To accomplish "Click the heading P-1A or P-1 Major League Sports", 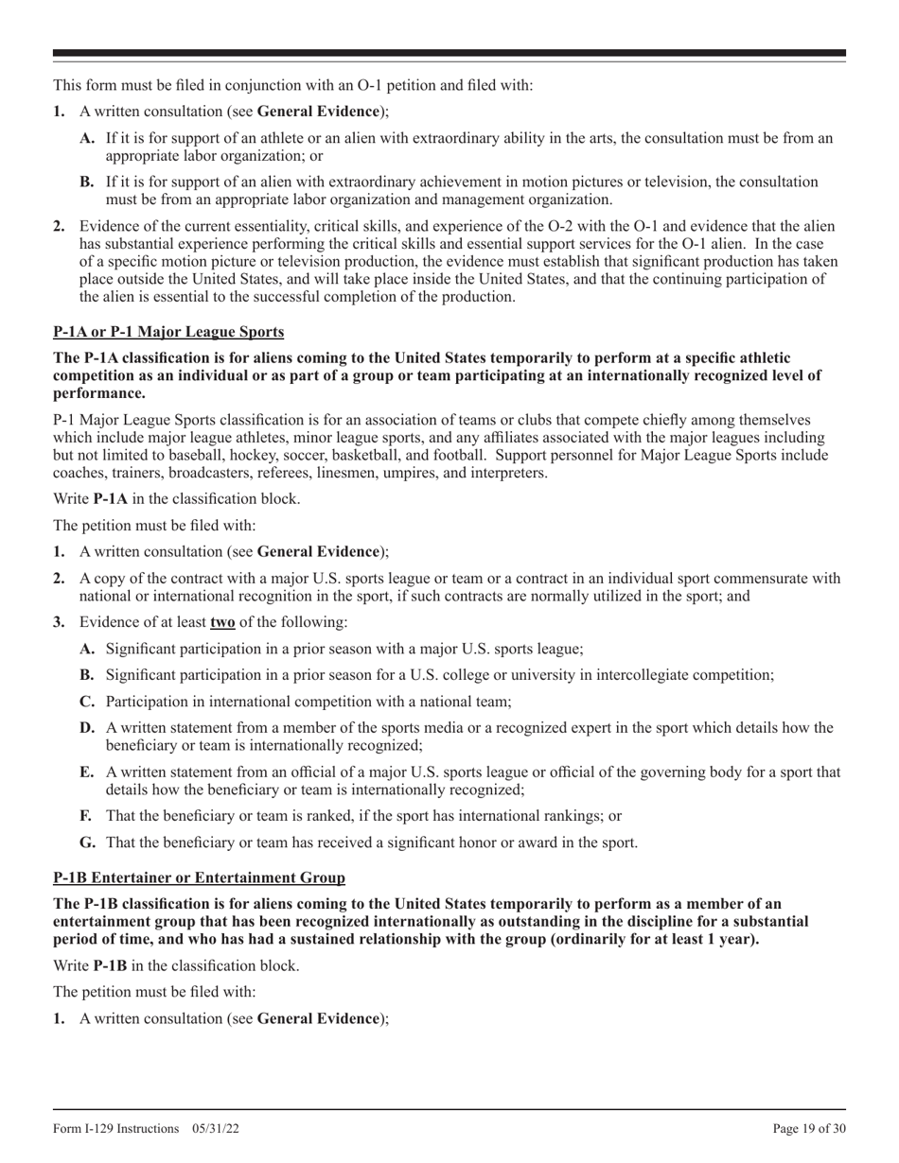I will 168,332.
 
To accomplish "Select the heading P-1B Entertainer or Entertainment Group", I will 199,877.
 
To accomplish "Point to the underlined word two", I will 222,622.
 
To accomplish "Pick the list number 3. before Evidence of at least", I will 59,622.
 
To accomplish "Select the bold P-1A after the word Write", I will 111,498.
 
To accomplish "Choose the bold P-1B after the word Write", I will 111,966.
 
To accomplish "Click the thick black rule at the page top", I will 449,53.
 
